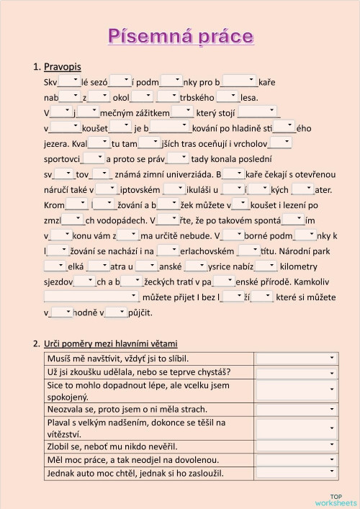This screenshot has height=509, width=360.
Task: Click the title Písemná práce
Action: tap(180, 36)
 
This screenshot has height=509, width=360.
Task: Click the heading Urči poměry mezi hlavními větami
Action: tap(110, 343)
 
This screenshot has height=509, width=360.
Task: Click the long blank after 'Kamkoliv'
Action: tap(91, 296)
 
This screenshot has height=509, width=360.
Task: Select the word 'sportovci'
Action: tap(61, 158)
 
